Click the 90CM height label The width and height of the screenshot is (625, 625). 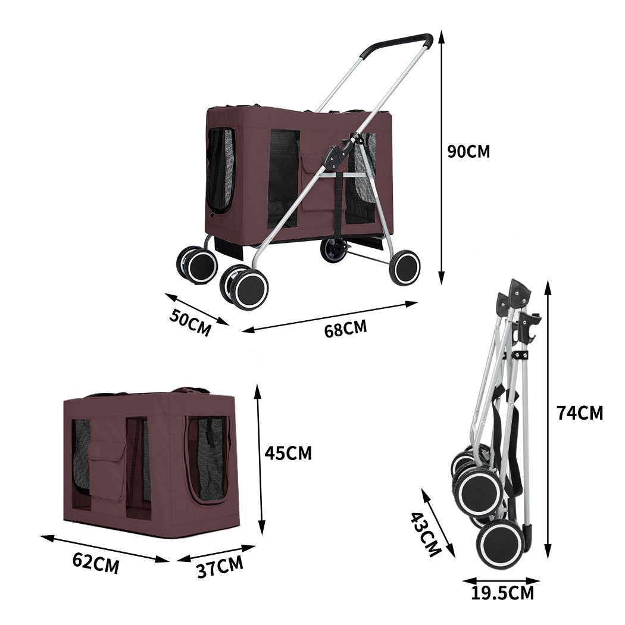pyautogui.click(x=468, y=151)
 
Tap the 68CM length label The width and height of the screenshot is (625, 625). pyautogui.click(x=345, y=328)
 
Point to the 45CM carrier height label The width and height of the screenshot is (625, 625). pyautogui.click(x=288, y=454)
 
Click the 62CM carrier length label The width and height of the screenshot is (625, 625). pyautogui.click(x=96, y=562)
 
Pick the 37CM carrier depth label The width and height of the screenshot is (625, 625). pyautogui.click(x=220, y=567)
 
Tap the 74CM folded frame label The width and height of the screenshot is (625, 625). pyautogui.click(x=579, y=412)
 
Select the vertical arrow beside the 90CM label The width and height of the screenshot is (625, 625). pyautogui.click(x=441, y=158)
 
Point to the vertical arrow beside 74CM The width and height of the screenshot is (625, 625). pyautogui.click(x=548, y=420)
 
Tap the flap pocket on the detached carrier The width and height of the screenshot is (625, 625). pyautogui.click(x=107, y=470)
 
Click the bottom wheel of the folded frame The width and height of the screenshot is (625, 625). pyautogui.click(x=499, y=545)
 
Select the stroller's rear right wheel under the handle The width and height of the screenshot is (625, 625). pyautogui.click(x=405, y=267)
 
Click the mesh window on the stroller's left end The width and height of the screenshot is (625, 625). pyautogui.click(x=220, y=170)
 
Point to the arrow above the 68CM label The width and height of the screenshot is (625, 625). pyautogui.click(x=330, y=316)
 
